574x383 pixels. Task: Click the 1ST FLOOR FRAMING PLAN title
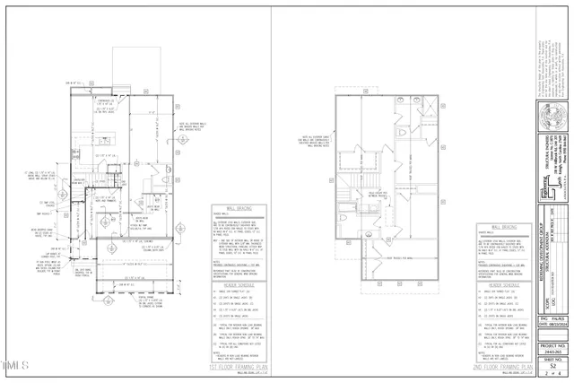coord(237,367)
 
